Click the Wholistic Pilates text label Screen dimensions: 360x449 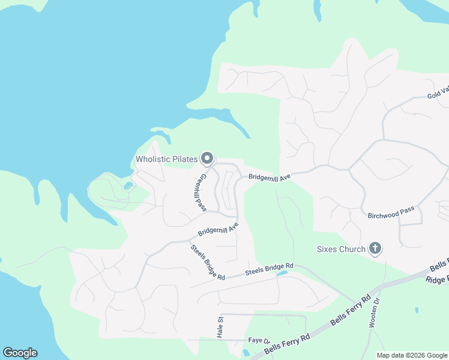pyautogui.click(x=166, y=159)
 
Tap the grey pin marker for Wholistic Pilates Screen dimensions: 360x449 pyautogui.click(x=207, y=158)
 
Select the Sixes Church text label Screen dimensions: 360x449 pyautogui.click(x=341, y=249)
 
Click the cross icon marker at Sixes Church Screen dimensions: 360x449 pyautogui.click(x=375, y=248)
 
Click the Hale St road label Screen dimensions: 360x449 pyautogui.click(x=219, y=326)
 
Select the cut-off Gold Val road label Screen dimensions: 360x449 pyautogui.click(x=438, y=93)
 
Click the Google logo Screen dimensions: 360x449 pyautogui.click(x=20, y=353)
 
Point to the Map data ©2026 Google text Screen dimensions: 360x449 pyautogui.click(x=412, y=355)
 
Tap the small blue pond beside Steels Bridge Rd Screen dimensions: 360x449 pyautogui.click(x=282, y=274)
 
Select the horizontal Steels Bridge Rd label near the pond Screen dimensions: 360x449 pyautogui.click(x=269, y=269)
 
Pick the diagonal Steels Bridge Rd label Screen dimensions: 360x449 pyautogui.click(x=207, y=262)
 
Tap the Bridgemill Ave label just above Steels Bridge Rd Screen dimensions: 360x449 pyautogui.click(x=218, y=229)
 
